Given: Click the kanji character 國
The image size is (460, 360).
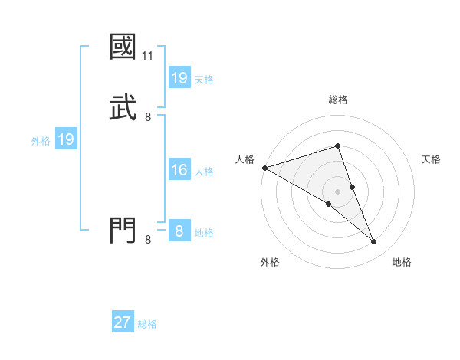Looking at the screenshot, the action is pyautogui.click(x=123, y=47).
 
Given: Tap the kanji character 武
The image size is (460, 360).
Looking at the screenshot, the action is pyautogui.click(x=123, y=106).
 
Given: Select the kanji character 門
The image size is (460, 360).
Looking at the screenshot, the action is pyautogui.click(x=123, y=230).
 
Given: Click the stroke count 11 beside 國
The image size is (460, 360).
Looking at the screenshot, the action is pyautogui.click(x=148, y=56).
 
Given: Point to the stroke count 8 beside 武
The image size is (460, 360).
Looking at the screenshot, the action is pyautogui.click(x=148, y=116).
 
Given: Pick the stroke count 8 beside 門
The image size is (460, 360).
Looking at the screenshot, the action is pyautogui.click(x=148, y=240).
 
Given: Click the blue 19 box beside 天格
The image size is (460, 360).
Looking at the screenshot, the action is pyautogui.click(x=179, y=78).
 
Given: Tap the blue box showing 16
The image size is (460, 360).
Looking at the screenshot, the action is pyautogui.click(x=179, y=170).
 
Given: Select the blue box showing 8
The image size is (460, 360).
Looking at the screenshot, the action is pyautogui.click(x=179, y=231).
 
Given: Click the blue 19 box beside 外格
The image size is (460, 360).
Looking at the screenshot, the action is pyautogui.click(x=65, y=139).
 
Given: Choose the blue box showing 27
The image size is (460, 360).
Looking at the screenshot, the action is pyautogui.click(x=123, y=322).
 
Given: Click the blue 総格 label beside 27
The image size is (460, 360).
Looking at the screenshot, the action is pyautogui.click(x=147, y=324).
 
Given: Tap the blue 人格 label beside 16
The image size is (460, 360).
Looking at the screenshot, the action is pyautogui.click(x=204, y=172).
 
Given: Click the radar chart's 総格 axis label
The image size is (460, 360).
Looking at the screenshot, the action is pyautogui.click(x=338, y=100).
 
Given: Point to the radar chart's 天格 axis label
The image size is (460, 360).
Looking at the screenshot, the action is pyautogui.click(x=432, y=159).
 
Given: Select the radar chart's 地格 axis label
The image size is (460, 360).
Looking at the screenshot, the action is pyautogui.click(x=402, y=262).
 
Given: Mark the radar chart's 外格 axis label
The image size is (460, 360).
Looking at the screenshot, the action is pyautogui.click(x=270, y=262).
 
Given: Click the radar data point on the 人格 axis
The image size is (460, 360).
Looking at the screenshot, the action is pyautogui.click(x=264, y=168).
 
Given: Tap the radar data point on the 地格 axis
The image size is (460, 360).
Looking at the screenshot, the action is pyautogui.click(x=373, y=242).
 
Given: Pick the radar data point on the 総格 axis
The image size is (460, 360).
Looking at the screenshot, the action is pyautogui.click(x=337, y=146).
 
